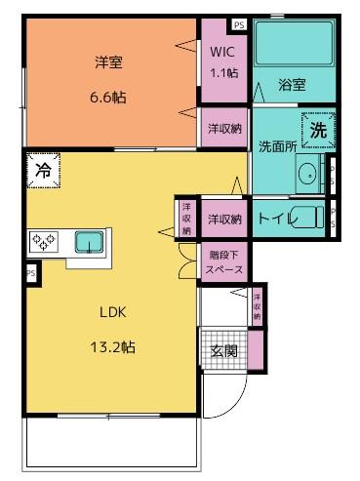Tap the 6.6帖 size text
point(108,97)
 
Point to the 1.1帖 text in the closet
point(222,72)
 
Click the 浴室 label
point(292,85)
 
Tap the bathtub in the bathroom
point(292,45)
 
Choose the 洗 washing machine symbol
point(318,128)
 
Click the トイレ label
point(275,217)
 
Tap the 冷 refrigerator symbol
point(42,170)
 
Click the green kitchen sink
point(91,240)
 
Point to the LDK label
point(113,312)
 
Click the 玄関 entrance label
point(223,351)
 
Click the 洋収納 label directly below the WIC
point(223,128)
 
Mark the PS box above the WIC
point(239,25)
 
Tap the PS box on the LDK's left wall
point(31,273)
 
